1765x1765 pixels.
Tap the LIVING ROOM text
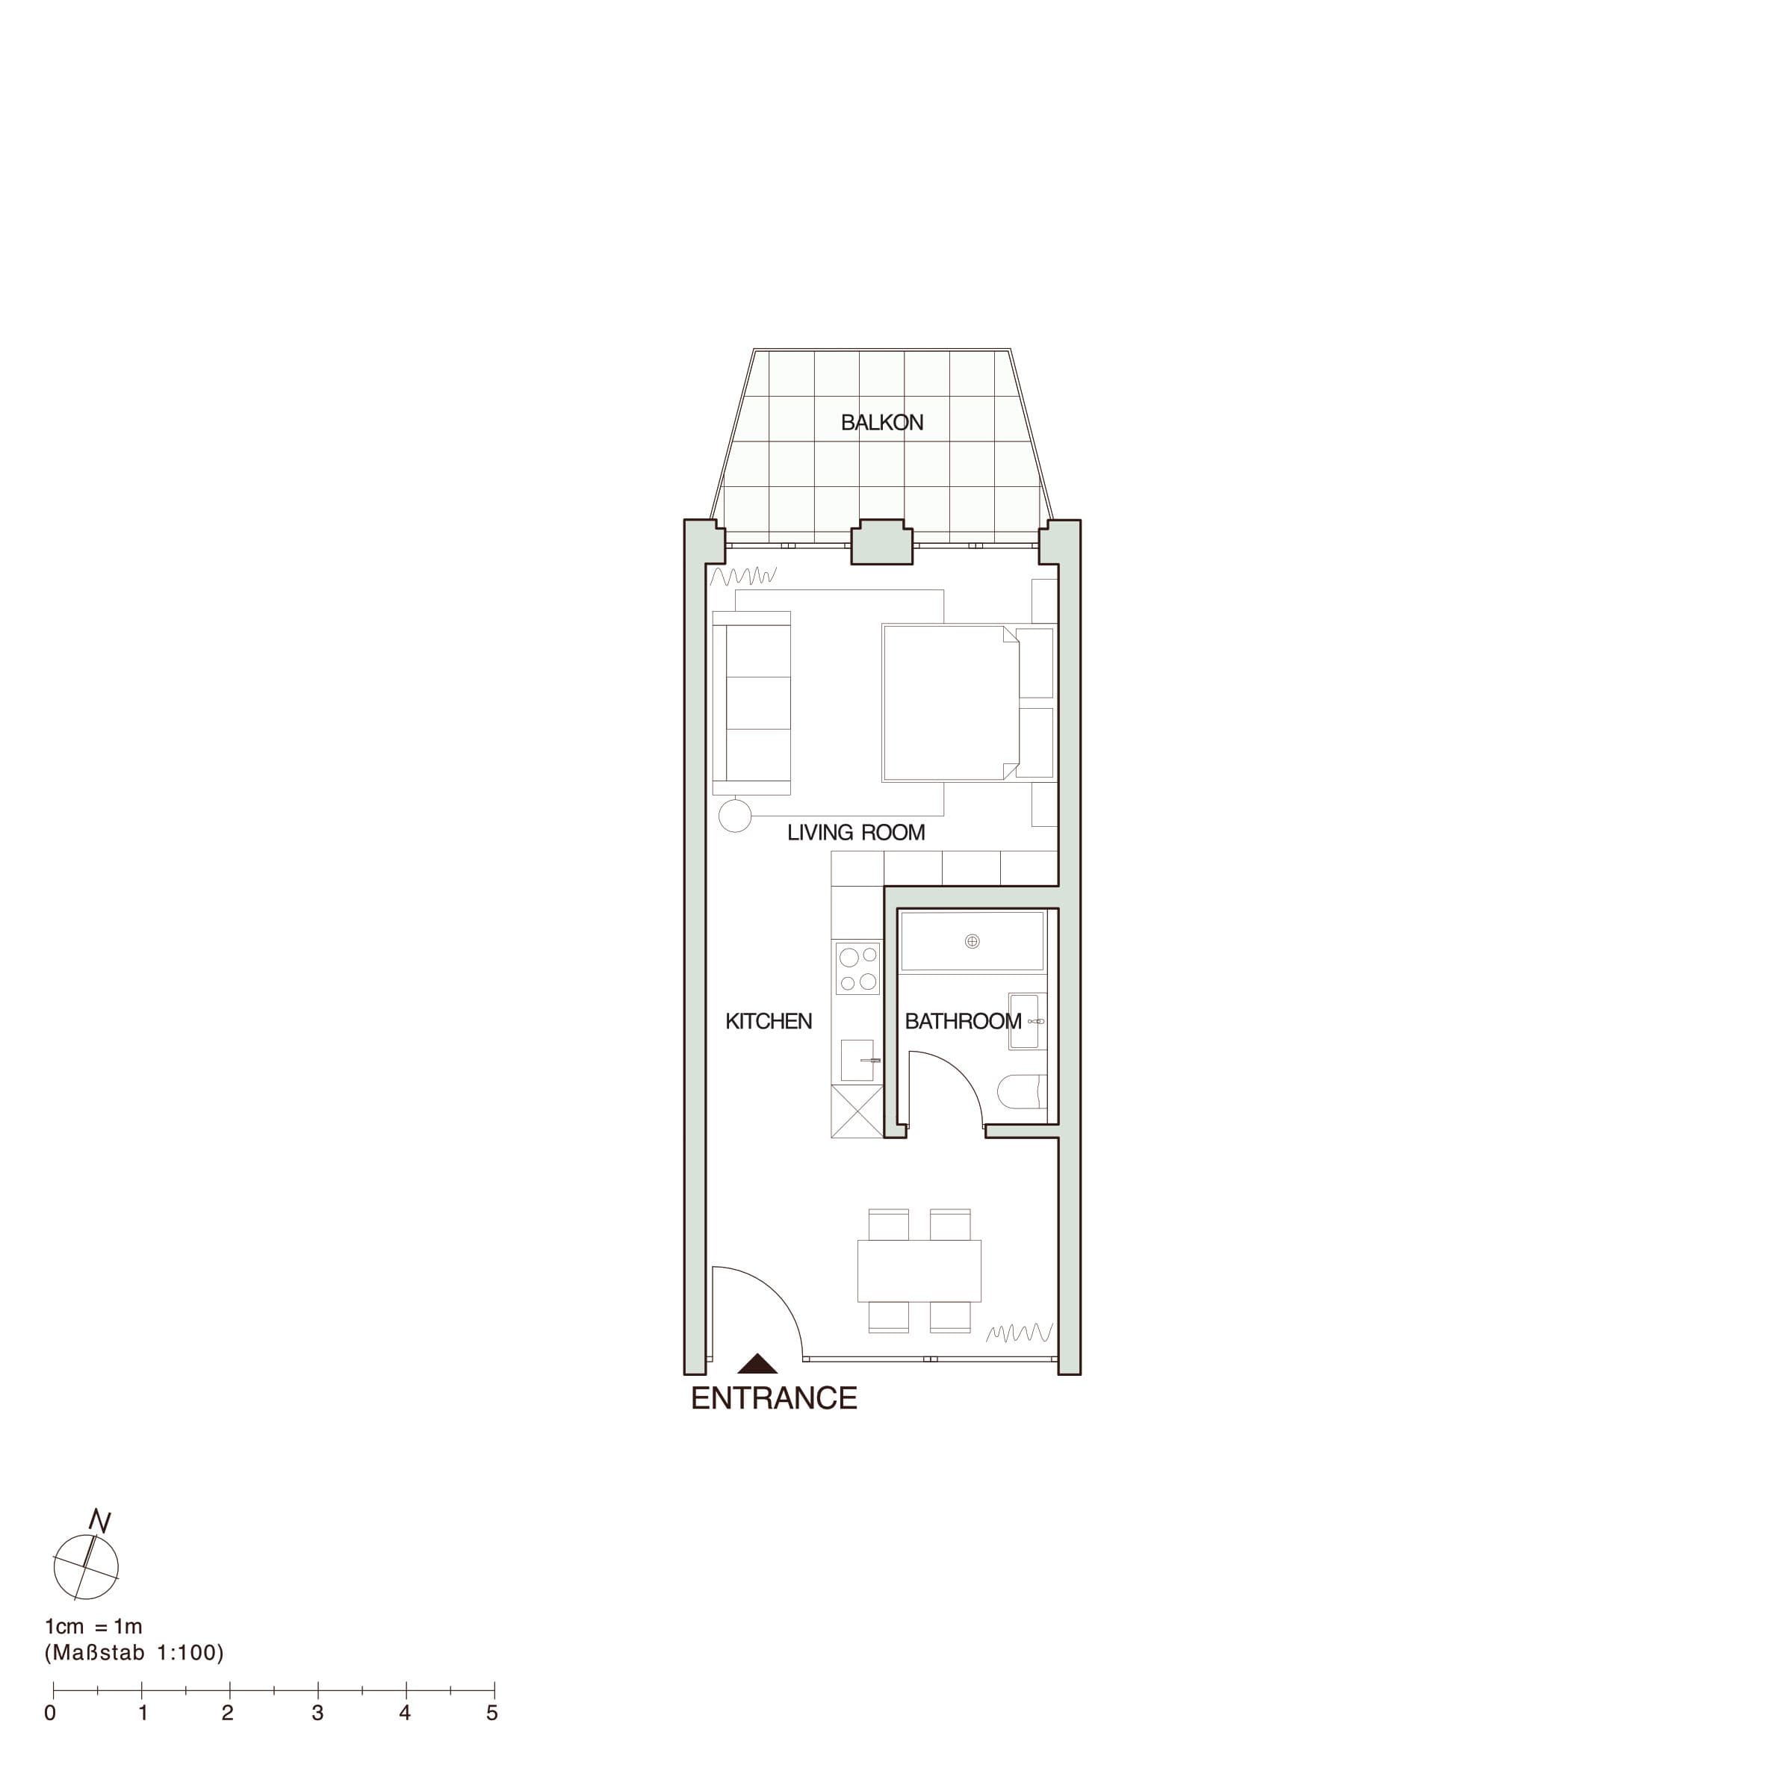[x=856, y=832]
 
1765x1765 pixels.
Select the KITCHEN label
[x=769, y=1021]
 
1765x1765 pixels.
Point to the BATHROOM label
[x=963, y=1021]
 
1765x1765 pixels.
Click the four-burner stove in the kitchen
[x=857, y=968]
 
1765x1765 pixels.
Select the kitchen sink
[x=860, y=1060]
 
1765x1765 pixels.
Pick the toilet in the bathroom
[x=1021, y=1092]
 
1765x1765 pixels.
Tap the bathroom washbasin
[x=1027, y=1020]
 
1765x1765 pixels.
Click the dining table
[x=919, y=1271]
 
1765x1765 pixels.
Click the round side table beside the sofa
[x=734, y=815]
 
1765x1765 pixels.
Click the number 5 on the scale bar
[x=491, y=1713]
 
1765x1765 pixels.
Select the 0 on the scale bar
[x=50, y=1713]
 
